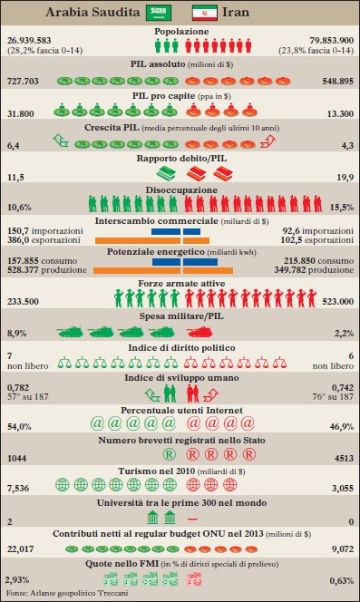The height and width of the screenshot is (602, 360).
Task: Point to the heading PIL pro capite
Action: (x=180, y=94)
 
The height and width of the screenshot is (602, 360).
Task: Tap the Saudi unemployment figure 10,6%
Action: (x=19, y=206)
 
